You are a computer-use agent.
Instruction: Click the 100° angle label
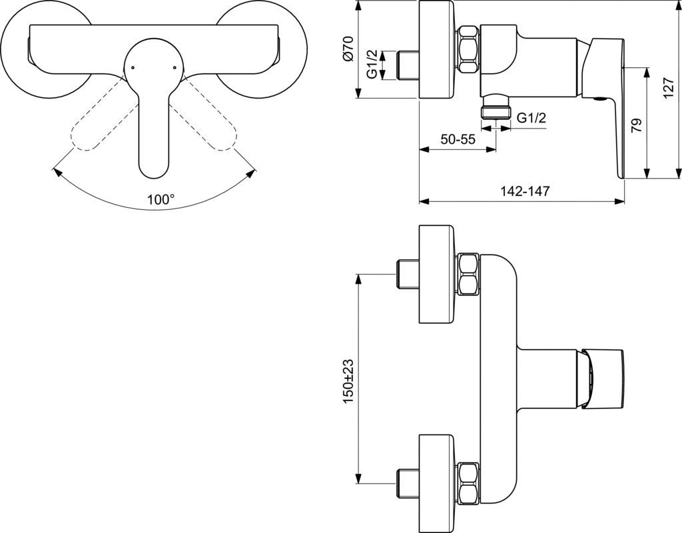click(x=161, y=199)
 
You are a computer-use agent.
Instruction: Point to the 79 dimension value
click(x=636, y=125)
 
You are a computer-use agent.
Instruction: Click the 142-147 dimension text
click(x=524, y=191)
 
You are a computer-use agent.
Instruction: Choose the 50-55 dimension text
click(x=458, y=139)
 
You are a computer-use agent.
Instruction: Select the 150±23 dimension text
click(x=348, y=380)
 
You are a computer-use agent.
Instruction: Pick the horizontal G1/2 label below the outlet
click(x=531, y=117)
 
